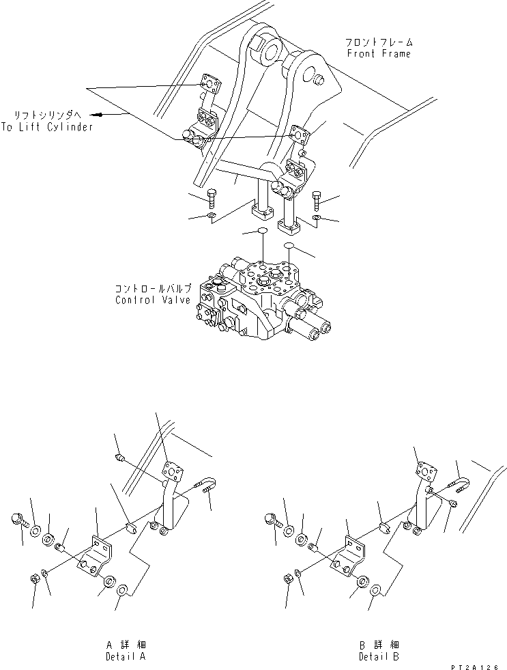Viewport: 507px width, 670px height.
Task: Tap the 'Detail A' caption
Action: point(126,656)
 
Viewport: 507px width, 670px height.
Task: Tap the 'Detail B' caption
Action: point(379,656)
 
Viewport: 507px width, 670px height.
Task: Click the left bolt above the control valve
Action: point(212,199)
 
